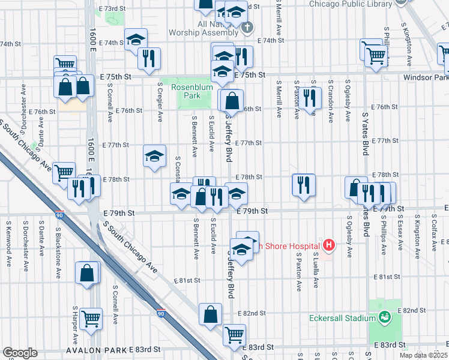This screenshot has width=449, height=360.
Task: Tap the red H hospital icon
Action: coord(328,245)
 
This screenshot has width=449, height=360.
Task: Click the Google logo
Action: coord(19,353)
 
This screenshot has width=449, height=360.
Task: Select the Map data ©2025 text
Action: coord(424,355)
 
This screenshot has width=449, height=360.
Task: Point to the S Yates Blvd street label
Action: coord(364,129)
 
